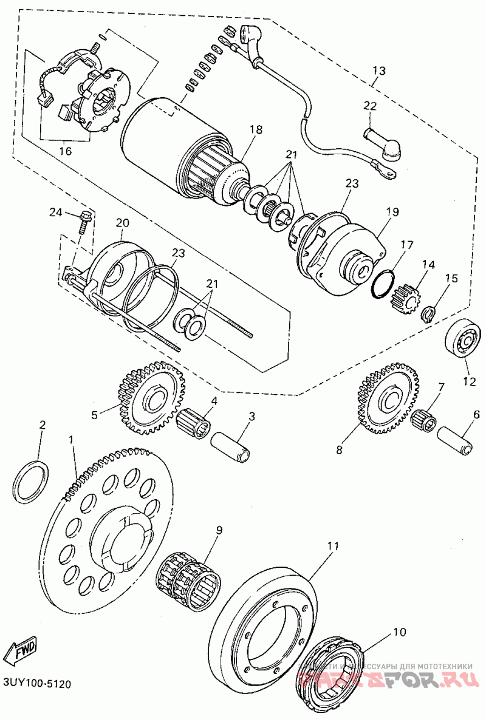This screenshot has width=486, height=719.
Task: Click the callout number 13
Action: click(x=378, y=71)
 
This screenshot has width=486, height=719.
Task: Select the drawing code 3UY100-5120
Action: click(x=37, y=684)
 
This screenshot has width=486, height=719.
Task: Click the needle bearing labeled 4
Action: click(x=195, y=423)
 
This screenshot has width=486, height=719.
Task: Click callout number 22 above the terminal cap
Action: click(x=371, y=106)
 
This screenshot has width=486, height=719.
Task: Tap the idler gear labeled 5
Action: click(x=148, y=398)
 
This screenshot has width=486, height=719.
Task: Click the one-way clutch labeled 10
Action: click(x=334, y=678)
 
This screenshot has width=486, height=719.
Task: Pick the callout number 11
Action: click(x=333, y=546)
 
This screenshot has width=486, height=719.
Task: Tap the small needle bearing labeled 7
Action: click(x=424, y=417)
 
